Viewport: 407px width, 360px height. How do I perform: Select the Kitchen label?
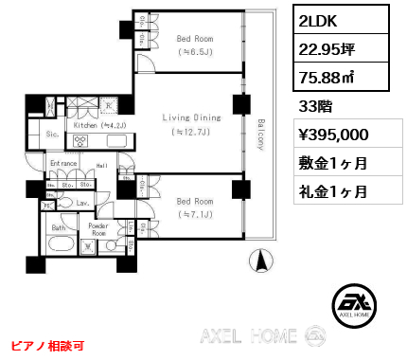pyautogui.click(x=94, y=124)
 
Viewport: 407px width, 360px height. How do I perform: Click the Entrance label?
pyautogui.click(x=63, y=163)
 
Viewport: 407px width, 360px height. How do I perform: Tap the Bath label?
pyautogui.click(x=58, y=228)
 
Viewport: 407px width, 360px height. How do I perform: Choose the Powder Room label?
pyautogui.click(x=99, y=231)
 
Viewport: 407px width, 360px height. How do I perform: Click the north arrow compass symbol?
pyautogui.click(x=256, y=259)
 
